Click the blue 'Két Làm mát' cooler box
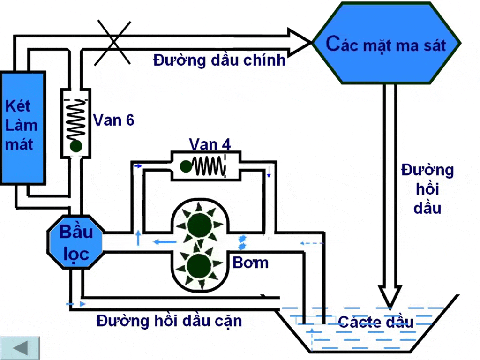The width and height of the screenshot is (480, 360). coord(22,127)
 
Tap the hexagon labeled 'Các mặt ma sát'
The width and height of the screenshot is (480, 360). coord(385,44)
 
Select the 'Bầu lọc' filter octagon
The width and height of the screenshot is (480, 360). coord(76,241)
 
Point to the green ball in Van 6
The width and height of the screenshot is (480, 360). coord(76,146)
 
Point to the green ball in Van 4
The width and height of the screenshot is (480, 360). coord(186,165)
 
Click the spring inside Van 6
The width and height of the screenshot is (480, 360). coord(76,119)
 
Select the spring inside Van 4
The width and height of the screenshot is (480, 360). coord(208,165)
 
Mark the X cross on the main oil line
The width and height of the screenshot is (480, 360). coord(113,43)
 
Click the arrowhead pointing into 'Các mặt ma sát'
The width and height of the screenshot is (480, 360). coord(300,43)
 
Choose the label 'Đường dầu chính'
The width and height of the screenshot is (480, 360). coord(219,60)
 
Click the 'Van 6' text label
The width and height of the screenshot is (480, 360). coord(114,120)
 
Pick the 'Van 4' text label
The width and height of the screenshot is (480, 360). coord(210,144)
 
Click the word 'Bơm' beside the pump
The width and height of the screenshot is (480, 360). coord(251,262)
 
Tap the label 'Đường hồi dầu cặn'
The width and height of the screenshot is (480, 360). coord(169,321)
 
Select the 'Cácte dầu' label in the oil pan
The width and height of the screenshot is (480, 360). coord(376,322)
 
